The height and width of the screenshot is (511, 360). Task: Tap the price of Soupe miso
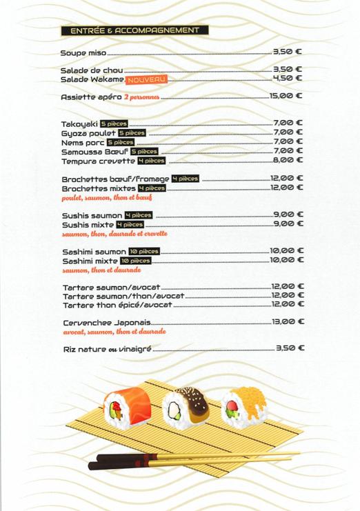pos(288,51)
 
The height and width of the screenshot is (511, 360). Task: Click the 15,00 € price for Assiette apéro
pos(286,95)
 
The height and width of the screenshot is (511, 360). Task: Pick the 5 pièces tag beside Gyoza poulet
pos(132,133)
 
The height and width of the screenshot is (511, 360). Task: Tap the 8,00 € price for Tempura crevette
pos(288,161)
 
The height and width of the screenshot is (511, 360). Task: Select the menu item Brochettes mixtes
pos(98,188)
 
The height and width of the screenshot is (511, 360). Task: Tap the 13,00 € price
pos(288,321)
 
